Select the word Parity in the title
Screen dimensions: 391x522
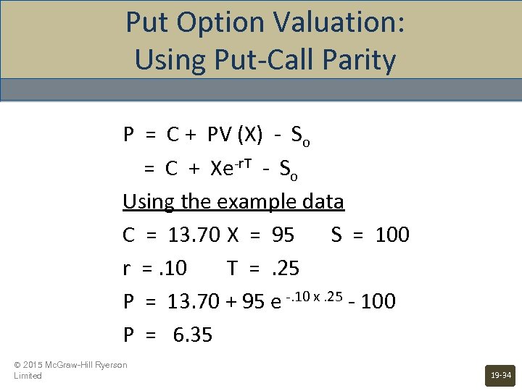pyautogui.click(x=360, y=59)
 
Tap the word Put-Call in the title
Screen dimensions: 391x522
pyautogui.click(x=253, y=59)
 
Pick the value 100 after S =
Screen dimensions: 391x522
pyautogui.click(x=392, y=235)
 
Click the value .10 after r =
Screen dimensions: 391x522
pyautogui.click(x=172, y=268)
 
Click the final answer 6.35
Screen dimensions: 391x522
pyautogui.click(x=193, y=335)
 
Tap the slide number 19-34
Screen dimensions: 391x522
pyautogui.click(x=500, y=376)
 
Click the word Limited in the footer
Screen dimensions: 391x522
pyautogui.click(x=28, y=376)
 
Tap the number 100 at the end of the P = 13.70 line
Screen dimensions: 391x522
pyautogui.click(x=378, y=300)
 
